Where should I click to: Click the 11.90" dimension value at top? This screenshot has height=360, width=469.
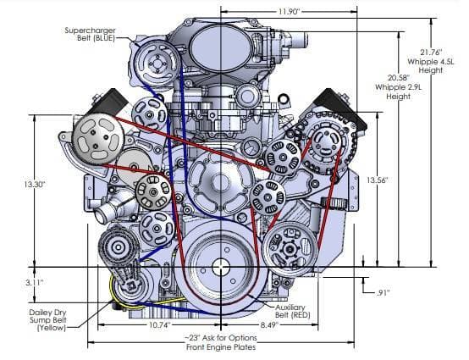point(289,12)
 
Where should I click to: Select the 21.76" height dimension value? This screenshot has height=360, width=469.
point(431,53)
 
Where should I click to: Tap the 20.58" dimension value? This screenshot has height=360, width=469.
point(398,78)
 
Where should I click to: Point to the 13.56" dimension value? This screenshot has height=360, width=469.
point(378,180)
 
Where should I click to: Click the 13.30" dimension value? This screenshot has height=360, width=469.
point(35,185)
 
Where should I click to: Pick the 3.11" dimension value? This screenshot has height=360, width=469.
point(35,282)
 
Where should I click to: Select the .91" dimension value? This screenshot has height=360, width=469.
point(383,293)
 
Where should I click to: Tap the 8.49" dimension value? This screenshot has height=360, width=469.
point(269,324)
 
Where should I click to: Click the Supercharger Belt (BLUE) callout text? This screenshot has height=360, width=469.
point(91,34)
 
